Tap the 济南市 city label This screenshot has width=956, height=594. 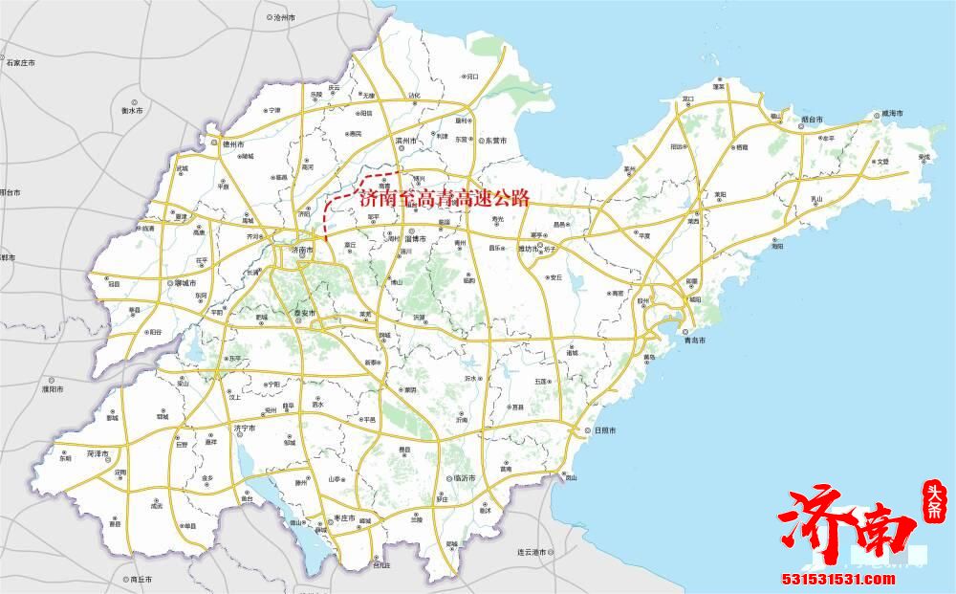303,251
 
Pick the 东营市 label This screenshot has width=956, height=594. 493,141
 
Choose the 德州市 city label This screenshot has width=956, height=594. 234,144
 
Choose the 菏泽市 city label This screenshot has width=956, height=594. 99,451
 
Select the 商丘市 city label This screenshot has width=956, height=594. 141,580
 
